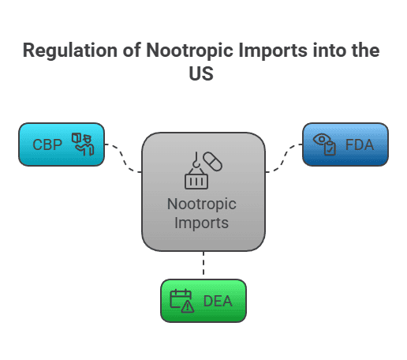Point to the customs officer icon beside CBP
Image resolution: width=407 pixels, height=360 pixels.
[83, 144]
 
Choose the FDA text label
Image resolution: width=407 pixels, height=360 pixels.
[359, 144]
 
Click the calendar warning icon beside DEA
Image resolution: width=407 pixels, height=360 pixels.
[182, 301]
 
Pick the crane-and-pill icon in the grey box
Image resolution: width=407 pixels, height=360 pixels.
[203, 171]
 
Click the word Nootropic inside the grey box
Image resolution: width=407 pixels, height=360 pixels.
[203, 204]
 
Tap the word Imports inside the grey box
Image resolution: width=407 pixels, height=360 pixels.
[203, 223]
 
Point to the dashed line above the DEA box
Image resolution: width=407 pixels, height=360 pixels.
[203, 265]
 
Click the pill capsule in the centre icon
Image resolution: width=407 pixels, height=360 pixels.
[212, 161]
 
